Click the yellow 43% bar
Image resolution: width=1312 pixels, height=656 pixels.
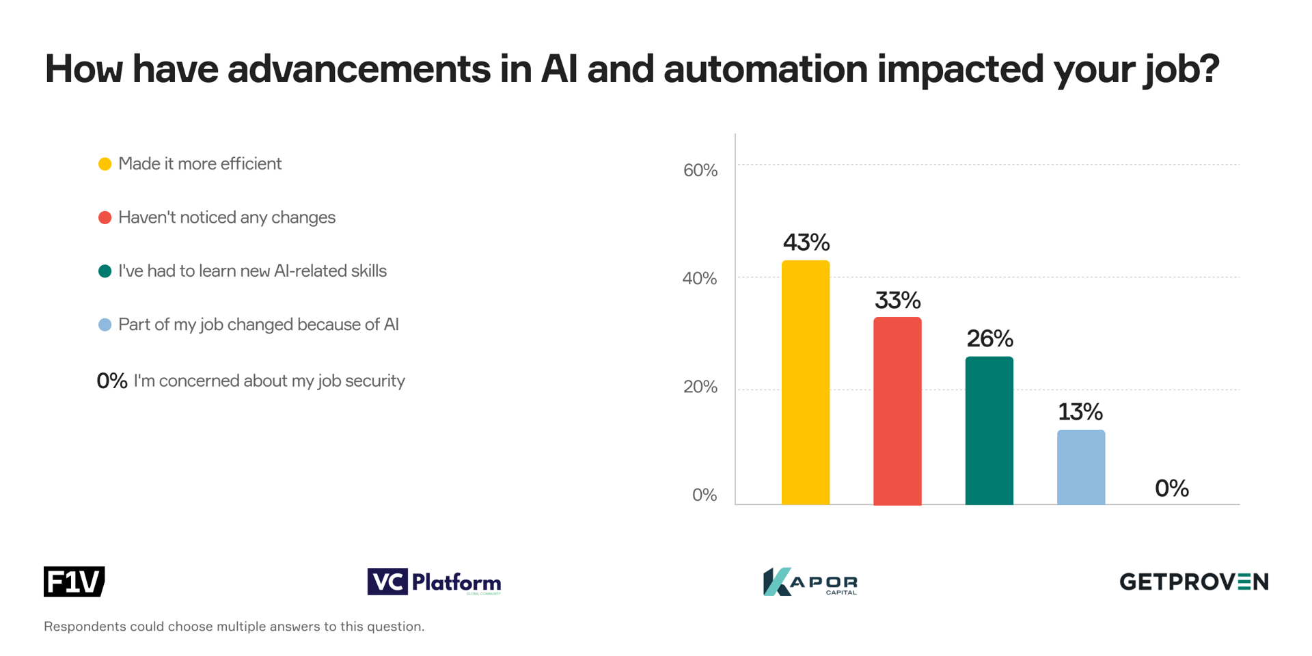[x=805, y=383]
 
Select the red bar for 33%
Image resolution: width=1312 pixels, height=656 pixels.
[x=897, y=411]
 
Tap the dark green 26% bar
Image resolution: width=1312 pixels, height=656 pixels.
[x=989, y=430]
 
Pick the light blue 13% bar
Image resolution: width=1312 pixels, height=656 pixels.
[x=1080, y=467]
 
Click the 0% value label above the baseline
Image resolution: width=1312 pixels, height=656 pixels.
[x=1171, y=489]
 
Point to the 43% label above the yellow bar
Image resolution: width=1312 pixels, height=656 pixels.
[x=806, y=242]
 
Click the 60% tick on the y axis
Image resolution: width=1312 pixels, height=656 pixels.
[x=700, y=170]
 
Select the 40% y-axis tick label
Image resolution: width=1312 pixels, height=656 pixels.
[x=700, y=279]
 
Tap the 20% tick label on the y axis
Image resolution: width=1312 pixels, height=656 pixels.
[x=700, y=387]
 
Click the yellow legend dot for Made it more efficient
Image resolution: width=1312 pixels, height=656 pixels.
[x=105, y=164]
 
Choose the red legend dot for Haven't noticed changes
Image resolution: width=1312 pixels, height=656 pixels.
[x=105, y=217]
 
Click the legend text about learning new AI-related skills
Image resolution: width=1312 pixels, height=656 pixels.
[x=252, y=271]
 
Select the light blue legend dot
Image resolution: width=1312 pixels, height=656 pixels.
[x=105, y=325]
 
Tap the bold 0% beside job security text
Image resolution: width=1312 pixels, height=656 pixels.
[x=111, y=381]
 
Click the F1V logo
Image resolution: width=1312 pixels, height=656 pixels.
[x=74, y=582]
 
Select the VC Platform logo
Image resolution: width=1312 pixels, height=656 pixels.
[x=434, y=582]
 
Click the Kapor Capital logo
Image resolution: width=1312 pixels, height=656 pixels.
[x=810, y=582]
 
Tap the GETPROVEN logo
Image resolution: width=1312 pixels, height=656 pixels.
[x=1193, y=582]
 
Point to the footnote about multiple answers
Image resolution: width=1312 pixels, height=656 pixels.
[x=234, y=627]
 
